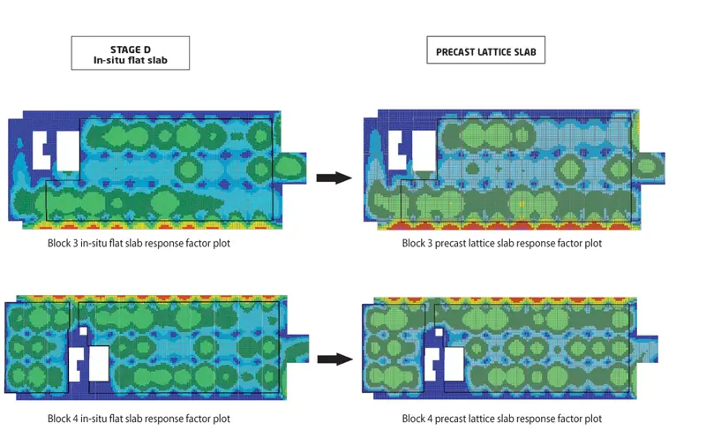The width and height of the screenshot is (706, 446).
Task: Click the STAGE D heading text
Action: click(130, 48)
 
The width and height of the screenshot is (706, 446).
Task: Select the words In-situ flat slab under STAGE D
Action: click(130, 60)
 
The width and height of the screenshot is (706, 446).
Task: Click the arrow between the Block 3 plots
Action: click(334, 178)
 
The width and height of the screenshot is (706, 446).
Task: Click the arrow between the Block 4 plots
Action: click(334, 359)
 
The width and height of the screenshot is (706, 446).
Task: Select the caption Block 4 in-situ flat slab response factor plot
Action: click(139, 419)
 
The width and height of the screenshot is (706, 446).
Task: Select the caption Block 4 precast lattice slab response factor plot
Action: click(501, 419)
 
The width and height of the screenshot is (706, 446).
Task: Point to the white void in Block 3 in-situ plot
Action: click(41, 150)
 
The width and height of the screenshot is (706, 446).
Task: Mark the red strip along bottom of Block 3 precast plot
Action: click(503, 226)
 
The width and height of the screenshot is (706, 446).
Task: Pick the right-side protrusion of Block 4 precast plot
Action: click(647, 347)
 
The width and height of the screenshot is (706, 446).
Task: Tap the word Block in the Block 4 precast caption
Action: click(415, 419)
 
